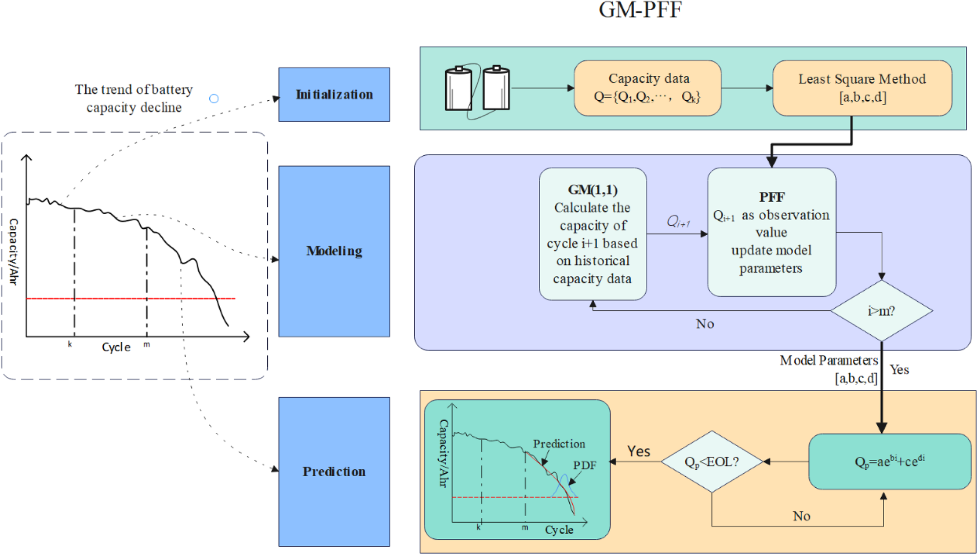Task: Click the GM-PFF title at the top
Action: [639, 10]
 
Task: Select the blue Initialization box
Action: [334, 94]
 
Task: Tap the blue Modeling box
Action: [334, 251]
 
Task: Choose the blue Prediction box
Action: [334, 471]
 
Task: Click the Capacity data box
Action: [647, 88]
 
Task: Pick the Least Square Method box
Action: [862, 88]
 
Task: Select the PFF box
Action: [771, 232]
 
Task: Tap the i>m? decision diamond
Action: [881, 311]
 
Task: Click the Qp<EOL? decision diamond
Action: [712, 462]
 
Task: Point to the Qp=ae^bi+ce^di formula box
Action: [889, 462]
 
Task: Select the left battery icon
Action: [458, 89]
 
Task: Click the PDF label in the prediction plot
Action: [584, 465]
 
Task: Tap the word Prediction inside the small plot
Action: [559, 444]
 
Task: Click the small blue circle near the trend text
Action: [214, 99]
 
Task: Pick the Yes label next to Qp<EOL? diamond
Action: [639, 451]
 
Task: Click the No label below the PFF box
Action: [705, 324]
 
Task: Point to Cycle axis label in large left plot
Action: [116, 347]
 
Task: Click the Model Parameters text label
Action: [828, 360]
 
